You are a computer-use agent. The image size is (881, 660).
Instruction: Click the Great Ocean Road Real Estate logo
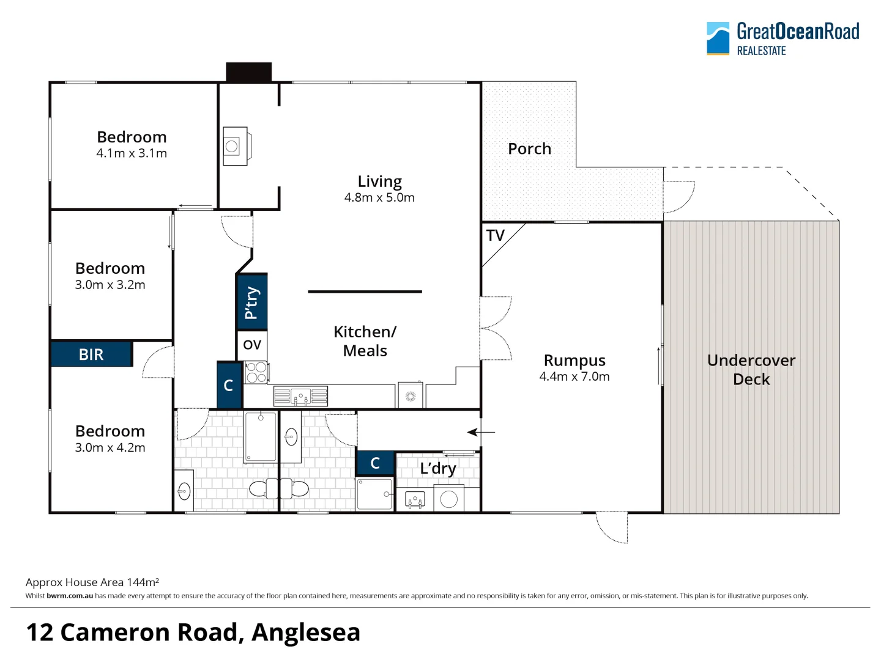782,38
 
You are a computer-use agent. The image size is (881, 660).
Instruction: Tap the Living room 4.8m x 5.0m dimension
379,198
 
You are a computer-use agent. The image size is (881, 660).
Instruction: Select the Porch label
529,148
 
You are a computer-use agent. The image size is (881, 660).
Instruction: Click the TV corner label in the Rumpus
496,235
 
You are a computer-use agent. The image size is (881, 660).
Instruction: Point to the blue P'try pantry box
251,302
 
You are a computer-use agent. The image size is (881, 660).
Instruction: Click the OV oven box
252,345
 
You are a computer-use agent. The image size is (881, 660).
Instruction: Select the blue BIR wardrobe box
91,354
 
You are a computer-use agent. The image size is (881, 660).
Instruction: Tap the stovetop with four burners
256,372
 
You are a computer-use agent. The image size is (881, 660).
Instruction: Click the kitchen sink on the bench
300,397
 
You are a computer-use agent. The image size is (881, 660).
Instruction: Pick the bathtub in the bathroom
260,436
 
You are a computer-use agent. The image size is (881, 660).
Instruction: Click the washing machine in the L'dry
448,499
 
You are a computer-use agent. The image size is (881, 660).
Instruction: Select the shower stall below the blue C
374,494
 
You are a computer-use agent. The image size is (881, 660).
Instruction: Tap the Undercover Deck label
751,370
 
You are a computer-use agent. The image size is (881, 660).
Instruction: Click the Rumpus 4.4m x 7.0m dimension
574,377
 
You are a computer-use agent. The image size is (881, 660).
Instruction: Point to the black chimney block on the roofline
248,71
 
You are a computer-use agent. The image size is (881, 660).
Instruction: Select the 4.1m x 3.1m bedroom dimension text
132,153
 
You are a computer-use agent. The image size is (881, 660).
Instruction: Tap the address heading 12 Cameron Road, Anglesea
193,632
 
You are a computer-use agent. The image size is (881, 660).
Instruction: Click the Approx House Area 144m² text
92,582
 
